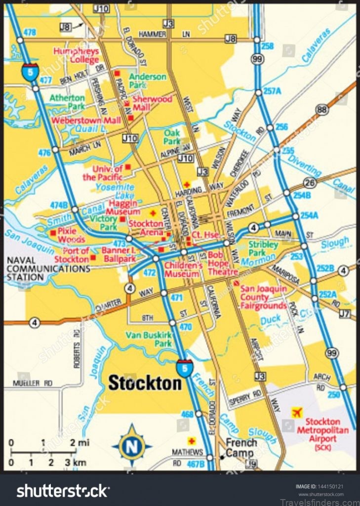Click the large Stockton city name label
point(145,382)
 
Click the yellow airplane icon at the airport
point(296,412)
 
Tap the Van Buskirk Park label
point(148,339)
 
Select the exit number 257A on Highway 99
point(272,91)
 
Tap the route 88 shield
point(323,110)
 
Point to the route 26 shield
point(310,183)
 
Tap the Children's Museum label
point(183,269)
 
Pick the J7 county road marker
point(345,313)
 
